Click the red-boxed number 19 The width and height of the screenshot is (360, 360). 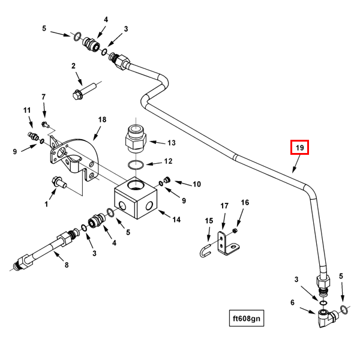pos(299,147)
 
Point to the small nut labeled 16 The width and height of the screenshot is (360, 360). pos(236,231)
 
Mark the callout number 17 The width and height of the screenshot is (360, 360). pos(224,206)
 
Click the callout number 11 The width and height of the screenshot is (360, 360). pos(26,110)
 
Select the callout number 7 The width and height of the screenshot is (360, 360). pos(43,97)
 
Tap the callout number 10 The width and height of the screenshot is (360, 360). pos(197,184)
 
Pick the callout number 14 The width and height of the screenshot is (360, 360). pos(176,219)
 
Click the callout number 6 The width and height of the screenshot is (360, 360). pos(293,303)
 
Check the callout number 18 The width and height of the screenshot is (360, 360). pos(102,120)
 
